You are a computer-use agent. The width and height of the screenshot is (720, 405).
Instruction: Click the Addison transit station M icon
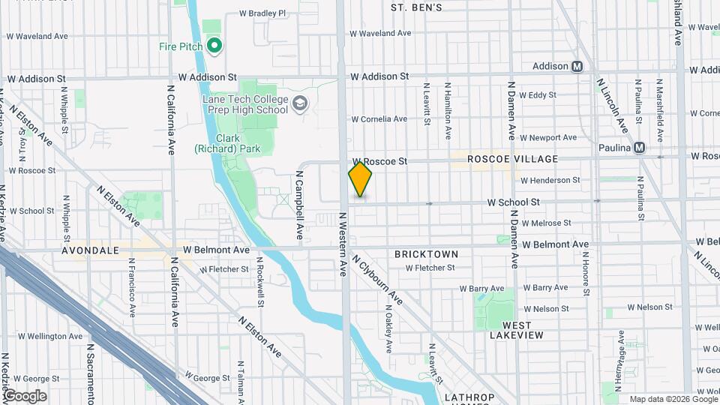coord(577,66)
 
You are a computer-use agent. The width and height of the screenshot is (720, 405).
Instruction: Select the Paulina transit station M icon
coord(639,148)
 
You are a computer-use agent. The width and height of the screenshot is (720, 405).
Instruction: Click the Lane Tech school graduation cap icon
coord(300,103)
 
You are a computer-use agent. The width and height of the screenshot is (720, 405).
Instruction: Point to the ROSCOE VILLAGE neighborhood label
coord(512,159)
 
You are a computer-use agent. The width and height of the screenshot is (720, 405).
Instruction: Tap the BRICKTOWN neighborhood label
coord(426,254)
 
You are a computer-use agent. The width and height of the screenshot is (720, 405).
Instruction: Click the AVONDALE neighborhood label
coord(91,250)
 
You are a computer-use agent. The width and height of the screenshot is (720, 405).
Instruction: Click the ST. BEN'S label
coord(417,7)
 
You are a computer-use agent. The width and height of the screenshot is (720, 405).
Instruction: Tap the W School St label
coord(514,202)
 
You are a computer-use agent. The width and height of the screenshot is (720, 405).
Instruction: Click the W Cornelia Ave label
coord(379,118)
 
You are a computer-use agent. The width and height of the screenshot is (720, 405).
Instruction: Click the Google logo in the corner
coord(25,396)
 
